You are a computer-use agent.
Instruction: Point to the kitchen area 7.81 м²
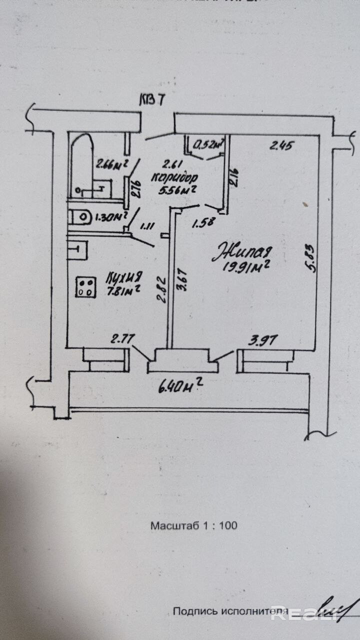click(x=122, y=289)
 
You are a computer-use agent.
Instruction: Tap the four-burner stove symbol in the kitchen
click(x=85, y=287)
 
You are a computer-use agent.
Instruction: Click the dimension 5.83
click(x=311, y=258)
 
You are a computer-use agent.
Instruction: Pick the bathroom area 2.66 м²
click(x=111, y=163)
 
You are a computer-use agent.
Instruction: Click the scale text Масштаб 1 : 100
click(x=193, y=525)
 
